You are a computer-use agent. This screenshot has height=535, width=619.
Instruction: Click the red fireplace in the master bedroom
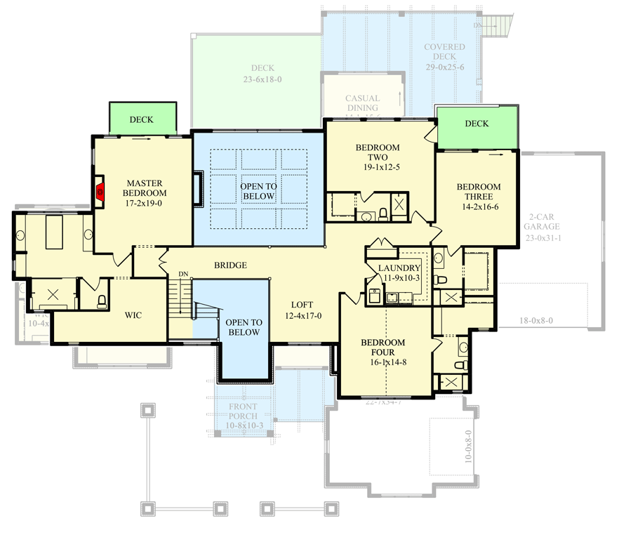pos(100,191)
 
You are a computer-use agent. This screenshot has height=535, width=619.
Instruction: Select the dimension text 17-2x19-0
pos(145,203)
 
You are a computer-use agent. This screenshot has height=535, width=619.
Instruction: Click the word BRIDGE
pos(230,265)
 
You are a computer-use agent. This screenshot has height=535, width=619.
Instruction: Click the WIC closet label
pos(133,315)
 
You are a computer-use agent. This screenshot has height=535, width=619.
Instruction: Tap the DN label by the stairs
pos(183,273)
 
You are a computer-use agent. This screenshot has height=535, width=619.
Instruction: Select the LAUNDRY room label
pos(399,268)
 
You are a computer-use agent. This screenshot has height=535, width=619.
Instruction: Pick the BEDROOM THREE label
pos(479,192)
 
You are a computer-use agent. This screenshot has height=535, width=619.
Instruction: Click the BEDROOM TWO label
pos(377,152)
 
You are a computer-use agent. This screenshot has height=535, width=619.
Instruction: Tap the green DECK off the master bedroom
pos(141,119)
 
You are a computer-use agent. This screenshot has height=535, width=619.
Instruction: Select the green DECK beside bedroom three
pos(477,124)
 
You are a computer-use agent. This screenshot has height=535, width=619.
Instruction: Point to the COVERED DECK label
pos(444,53)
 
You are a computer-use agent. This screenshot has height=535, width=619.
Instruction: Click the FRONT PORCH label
pos(242,411)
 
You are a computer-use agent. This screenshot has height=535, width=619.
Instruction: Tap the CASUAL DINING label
pos(362,103)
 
